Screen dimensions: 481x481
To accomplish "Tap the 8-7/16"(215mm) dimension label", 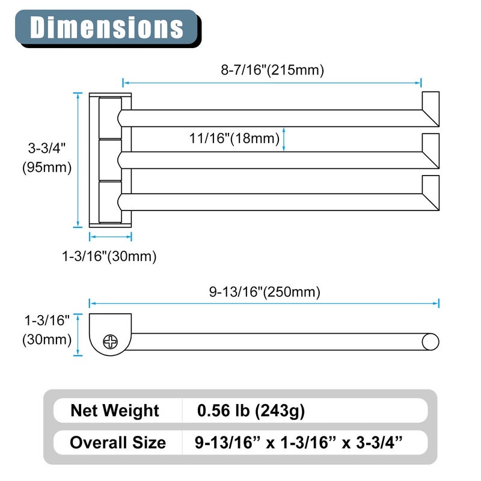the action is (x=272, y=70).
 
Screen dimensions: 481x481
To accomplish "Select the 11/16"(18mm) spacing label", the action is (x=234, y=138).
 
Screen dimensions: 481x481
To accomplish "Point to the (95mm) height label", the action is (x=47, y=168).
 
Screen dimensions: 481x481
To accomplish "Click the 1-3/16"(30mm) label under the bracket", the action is (x=109, y=256).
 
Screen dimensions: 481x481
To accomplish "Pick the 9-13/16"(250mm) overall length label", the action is (x=265, y=292).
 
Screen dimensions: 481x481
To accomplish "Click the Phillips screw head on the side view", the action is (x=110, y=342).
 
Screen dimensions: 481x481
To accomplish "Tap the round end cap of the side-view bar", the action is (x=430, y=342).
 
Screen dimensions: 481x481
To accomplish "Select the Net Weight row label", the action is (x=115, y=411).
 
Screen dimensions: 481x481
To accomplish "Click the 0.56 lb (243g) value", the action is (x=251, y=411).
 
